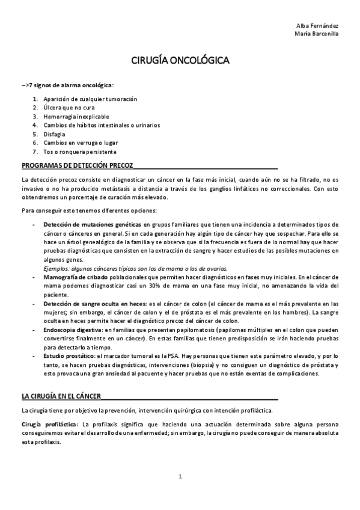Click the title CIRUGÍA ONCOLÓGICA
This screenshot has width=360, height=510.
pos(180,61)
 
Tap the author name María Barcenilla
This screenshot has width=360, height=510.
pos(316,34)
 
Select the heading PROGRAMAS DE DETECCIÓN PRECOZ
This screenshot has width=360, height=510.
pos(77,164)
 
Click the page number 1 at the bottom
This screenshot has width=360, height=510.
pos(180,476)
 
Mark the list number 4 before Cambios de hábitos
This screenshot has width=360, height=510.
pos(35,125)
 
